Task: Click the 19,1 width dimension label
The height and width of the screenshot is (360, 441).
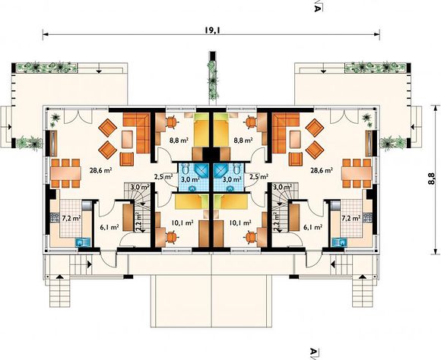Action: click(212, 30)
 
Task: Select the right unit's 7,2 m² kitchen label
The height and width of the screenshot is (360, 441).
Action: click(351, 218)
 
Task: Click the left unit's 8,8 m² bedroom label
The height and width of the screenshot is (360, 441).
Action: click(179, 141)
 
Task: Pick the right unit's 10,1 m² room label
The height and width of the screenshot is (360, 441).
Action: click(240, 223)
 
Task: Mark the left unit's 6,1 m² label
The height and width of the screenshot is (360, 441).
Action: click(109, 227)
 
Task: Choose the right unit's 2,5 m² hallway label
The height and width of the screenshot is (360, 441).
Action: click(259, 177)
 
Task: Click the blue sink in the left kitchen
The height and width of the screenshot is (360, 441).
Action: click(84, 242)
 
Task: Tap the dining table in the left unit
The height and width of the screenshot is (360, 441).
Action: click(66, 173)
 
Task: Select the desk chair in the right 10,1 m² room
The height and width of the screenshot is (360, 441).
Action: click(251, 237)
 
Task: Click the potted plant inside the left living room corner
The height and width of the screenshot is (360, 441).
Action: click(56, 119)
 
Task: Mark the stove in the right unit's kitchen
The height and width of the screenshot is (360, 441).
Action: click(367, 217)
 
